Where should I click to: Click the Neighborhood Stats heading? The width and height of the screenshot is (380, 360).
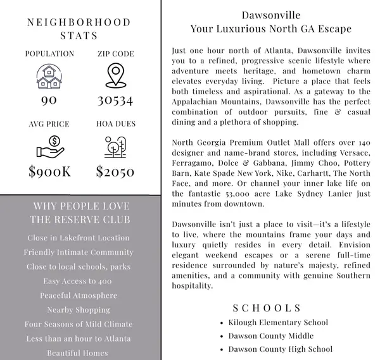pos(79,28)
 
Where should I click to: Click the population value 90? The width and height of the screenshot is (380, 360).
pos(49,101)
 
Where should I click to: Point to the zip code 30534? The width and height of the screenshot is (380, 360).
pos(115,101)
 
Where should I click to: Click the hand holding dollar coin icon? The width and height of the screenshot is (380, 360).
pos(49,146)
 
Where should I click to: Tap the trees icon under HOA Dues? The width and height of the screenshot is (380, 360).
pos(115,146)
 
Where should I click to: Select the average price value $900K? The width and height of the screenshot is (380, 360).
pos(49,171)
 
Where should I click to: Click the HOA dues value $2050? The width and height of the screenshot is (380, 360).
pos(115,171)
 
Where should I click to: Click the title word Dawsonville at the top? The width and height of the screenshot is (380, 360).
pos(271,15)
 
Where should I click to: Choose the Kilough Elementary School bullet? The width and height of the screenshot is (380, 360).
pos(278,323)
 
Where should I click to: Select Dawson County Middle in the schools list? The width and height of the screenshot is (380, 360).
pos(270,336)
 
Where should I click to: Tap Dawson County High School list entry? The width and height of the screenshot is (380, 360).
pos(279,349)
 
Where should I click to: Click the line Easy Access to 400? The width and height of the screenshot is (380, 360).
pos(79,281)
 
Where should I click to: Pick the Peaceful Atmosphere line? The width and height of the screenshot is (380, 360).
pos(79,295)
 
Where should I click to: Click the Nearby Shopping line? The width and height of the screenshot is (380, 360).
pos(79,310)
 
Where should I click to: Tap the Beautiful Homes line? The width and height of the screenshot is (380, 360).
pos(79,353)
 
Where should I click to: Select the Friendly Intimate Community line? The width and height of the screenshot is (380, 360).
pos(79,252)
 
